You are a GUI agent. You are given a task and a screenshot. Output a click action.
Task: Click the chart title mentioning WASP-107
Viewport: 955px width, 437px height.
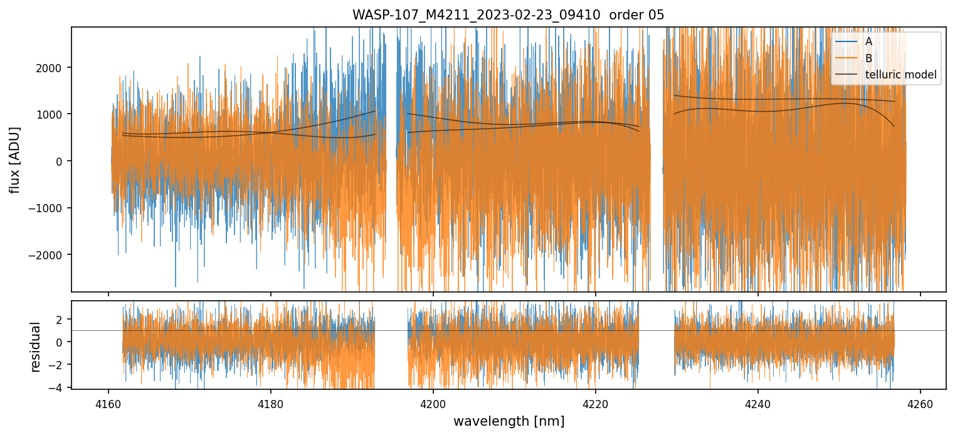pyautogui.click(x=508, y=15)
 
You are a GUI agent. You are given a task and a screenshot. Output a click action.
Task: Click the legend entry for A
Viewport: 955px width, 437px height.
pyautogui.click(x=868, y=41)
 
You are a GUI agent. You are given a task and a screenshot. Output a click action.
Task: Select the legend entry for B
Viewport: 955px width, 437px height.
pyautogui.click(x=868, y=58)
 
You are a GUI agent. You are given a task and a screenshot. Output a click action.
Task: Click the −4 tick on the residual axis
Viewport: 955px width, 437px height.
pyautogui.click(x=60, y=388)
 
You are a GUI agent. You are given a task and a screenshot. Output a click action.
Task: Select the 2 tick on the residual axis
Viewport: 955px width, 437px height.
pyautogui.click(x=63, y=320)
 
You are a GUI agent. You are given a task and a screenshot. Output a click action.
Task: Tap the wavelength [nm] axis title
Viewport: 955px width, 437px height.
pyautogui.click(x=509, y=421)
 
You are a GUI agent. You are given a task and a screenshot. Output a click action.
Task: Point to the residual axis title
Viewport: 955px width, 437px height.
pyautogui.click(x=35, y=347)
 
